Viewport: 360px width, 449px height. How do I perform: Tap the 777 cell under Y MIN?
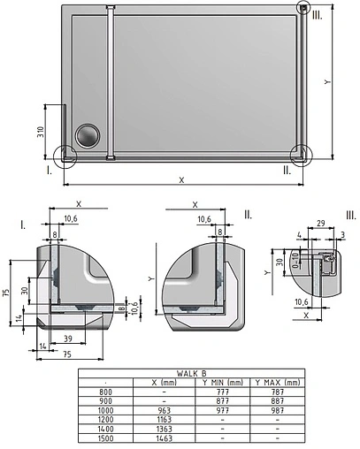point(224,391)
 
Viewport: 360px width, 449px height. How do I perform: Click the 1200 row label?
point(107,419)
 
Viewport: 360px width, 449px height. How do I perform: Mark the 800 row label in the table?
point(107,391)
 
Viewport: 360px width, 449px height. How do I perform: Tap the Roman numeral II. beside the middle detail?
point(249,214)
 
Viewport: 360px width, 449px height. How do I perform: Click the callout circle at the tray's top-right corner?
point(303,9)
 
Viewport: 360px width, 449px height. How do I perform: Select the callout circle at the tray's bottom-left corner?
point(65,156)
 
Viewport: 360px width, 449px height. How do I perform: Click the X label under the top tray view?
point(181,179)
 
